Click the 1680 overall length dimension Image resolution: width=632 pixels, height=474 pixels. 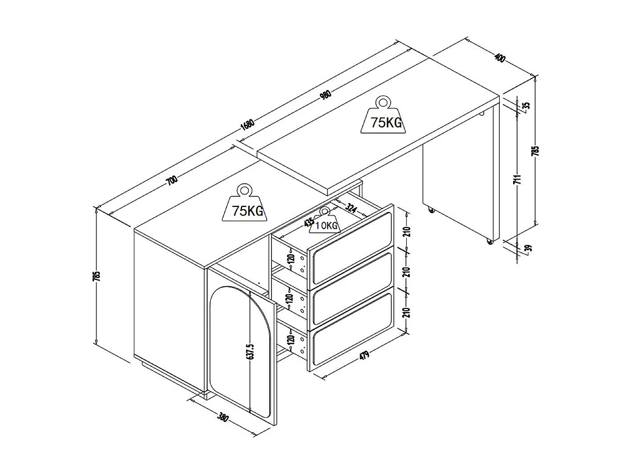click(247, 124)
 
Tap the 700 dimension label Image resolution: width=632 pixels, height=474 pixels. click(172, 180)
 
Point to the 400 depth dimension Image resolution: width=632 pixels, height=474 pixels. click(500, 58)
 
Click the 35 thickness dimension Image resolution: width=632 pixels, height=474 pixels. click(526, 106)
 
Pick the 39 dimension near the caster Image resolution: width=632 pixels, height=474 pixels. click(528, 248)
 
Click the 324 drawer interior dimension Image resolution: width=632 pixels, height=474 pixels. click(351, 208)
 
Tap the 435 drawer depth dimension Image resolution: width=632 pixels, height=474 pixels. click(308, 222)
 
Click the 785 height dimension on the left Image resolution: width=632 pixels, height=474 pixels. click(98, 276)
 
